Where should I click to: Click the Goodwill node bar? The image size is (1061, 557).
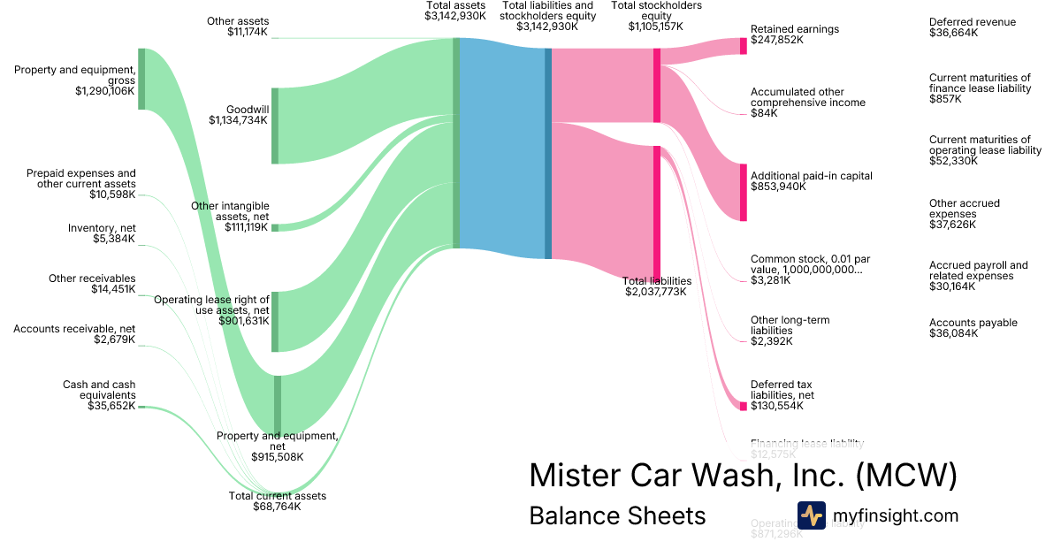pos(275,126)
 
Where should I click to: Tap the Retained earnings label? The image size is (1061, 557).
pos(794,29)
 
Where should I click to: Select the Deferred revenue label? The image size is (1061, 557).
pos(973,22)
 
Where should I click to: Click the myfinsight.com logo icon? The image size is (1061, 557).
pos(811,515)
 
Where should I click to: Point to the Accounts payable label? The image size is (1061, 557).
pos(973,323)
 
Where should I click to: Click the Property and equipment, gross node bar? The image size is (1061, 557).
pos(141,79)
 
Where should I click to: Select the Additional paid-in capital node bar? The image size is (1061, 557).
pos(744,192)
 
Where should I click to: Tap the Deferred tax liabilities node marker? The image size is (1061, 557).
pos(744,406)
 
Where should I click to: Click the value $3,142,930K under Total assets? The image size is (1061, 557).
pos(455,16)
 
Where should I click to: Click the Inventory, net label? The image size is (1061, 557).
pos(102,228)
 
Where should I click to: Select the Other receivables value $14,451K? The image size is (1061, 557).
pos(113,289)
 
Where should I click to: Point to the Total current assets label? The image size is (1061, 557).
pos(278,496)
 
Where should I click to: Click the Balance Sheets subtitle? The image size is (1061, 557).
pos(617,515)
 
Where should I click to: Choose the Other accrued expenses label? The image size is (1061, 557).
pos(964,209)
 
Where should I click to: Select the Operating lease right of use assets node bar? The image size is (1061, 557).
pos(275,321)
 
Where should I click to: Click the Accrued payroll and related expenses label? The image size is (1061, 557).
pos(978,271)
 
